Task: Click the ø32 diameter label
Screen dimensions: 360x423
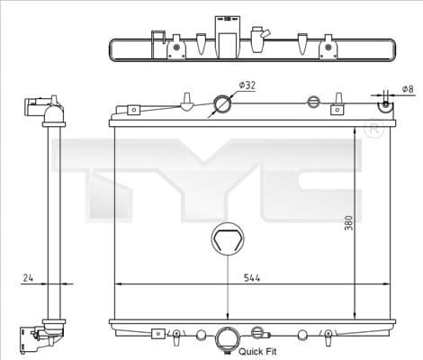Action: [x=247, y=85]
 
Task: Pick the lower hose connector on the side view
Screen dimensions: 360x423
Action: [x=40, y=336]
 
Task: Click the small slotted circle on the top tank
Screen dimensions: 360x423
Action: [x=313, y=101]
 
